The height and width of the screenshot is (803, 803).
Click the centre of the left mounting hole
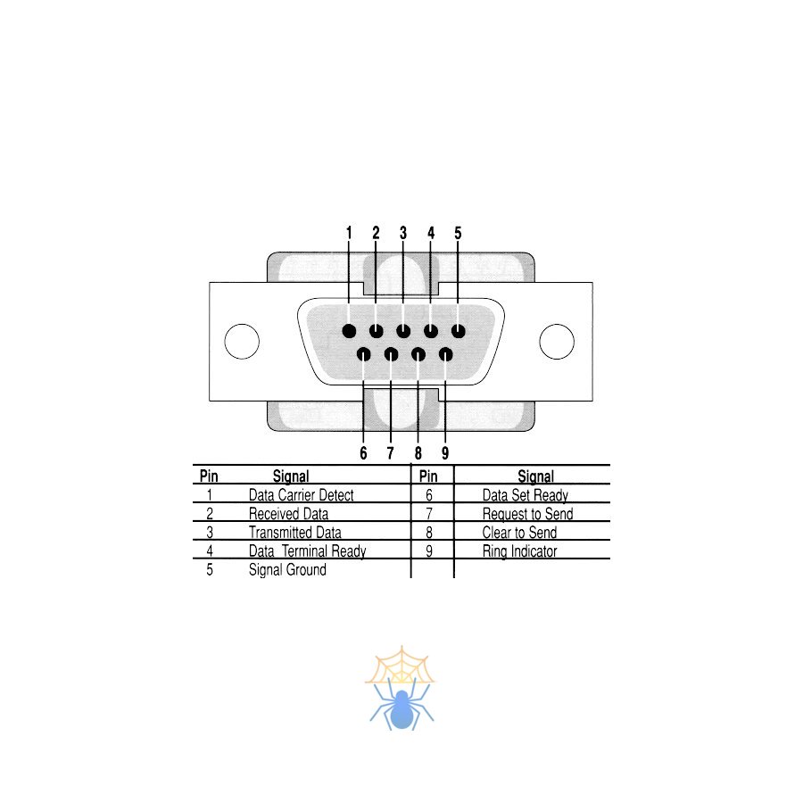click(242, 342)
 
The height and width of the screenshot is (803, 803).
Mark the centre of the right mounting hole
click(557, 342)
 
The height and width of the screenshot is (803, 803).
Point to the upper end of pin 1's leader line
click(349, 241)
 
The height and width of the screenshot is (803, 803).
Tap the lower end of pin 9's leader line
click(445, 443)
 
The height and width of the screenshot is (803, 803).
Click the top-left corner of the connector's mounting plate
click(210, 283)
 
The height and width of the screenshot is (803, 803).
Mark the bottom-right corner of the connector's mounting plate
click(592, 401)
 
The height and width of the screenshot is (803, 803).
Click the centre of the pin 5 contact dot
click(459, 331)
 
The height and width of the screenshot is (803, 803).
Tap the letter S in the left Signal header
click(277, 476)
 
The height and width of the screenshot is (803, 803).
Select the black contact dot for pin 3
click(403, 331)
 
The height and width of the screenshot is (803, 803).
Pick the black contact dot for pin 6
click(364, 354)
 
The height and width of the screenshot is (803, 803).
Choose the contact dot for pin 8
click(418, 354)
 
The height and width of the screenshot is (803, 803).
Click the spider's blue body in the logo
click(401, 709)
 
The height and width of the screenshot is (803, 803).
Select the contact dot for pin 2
click(377, 331)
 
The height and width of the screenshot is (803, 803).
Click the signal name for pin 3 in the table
click(295, 533)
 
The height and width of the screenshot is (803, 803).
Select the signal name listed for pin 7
click(527, 514)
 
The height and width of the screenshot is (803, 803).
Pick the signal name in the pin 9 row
click(519, 551)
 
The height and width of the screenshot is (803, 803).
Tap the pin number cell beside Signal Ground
click(210, 569)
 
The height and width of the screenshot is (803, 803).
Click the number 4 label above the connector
click(431, 233)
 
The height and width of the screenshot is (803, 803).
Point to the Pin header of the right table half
click(428, 476)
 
